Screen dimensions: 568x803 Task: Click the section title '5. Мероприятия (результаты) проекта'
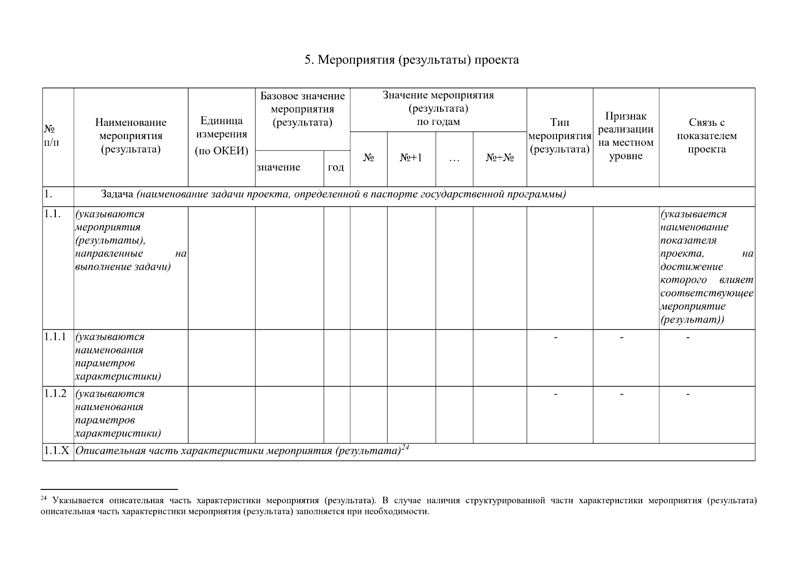[412, 60]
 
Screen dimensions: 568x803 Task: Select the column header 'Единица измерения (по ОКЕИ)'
[221, 136]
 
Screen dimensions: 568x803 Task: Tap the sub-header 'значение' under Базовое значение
[278, 168]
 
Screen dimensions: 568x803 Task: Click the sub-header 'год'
[336, 168]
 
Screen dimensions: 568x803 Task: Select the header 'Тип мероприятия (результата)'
[559, 136]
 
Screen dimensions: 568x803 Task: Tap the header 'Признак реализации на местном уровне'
[626, 136]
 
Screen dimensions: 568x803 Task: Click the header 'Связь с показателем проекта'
[706, 136]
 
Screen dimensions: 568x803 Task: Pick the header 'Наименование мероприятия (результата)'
[131, 136]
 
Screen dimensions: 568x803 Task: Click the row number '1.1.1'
[55, 337]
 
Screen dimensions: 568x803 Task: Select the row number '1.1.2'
[55, 394]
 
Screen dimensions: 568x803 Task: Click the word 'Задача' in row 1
[118, 195]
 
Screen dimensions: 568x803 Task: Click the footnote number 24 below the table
[44, 498]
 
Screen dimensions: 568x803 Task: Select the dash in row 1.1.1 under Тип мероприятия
[556, 337]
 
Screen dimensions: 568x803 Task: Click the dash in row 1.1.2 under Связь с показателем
[688, 394]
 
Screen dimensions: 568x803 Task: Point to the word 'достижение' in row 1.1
[691, 267]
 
